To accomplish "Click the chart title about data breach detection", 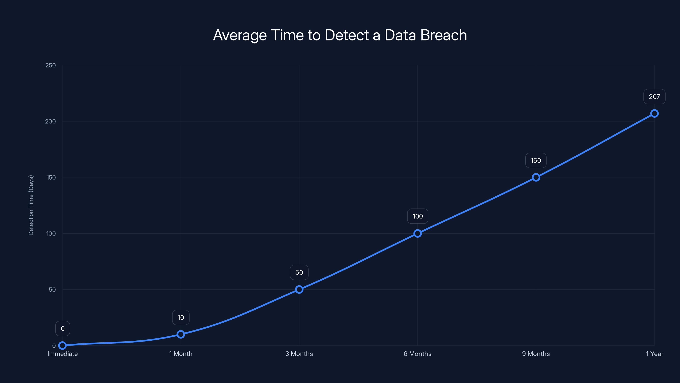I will pos(340,35).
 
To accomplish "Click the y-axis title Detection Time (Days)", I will pos(31,205).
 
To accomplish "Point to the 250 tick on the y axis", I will pos(51,65).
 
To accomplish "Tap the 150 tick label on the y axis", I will pos(51,177).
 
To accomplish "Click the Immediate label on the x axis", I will pos(62,354).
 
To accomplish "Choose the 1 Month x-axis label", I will pos(181,354).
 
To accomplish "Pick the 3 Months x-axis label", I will pos(299,354).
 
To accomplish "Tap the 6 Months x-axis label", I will pos(417,354).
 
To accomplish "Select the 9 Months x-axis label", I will pos(536,354).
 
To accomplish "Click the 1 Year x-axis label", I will pos(654,354).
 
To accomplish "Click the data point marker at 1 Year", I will pos(654,113).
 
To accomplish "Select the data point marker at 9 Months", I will pos(536,177).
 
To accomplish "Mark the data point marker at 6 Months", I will pos(418,233).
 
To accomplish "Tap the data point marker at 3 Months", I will pos(299,289).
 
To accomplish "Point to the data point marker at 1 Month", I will pos(181,334).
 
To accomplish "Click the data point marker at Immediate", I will pos(62,346).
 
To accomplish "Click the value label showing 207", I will pos(654,97).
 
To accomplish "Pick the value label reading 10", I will pos(181,317).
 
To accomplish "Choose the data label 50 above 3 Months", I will pos(299,272).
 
